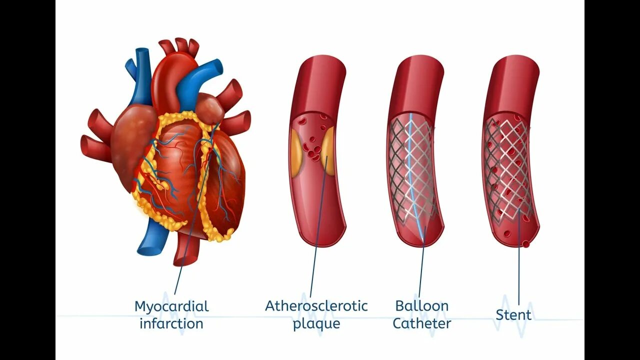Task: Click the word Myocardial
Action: [x=171, y=306]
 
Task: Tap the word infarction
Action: [x=171, y=323]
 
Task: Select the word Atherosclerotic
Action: [x=316, y=305]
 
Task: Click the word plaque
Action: [x=316, y=323]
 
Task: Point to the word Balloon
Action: [x=421, y=305]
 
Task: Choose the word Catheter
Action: [x=421, y=323]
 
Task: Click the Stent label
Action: [x=513, y=315]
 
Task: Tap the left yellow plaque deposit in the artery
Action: [x=295, y=152]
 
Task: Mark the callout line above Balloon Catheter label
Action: [x=421, y=270]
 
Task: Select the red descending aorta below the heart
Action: [x=186, y=250]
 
